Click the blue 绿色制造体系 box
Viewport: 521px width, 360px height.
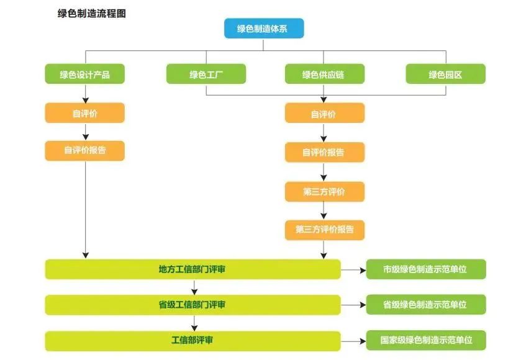coord(264,29)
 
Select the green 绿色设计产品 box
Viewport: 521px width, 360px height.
coord(85,74)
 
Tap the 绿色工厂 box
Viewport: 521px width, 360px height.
coord(206,74)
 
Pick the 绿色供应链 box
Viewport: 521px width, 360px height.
coord(324,74)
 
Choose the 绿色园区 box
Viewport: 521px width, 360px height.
coord(445,74)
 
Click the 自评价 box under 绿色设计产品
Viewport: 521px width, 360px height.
coord(85,114)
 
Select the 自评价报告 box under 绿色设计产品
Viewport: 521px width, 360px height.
coord(85,150)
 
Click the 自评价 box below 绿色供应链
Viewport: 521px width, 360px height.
coord(324,114)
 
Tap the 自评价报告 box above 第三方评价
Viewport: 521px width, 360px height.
coord(324,152)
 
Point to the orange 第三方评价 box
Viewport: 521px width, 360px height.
coord(324,192)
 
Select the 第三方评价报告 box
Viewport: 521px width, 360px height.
coord(324,230)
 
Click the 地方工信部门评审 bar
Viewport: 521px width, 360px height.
coord(193,269)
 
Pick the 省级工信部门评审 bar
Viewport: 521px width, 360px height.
coord(193,305)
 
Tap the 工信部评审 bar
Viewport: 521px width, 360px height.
coord(193,341)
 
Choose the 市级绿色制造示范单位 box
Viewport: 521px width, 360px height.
coord(425,269)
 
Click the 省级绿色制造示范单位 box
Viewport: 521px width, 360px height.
coord(425,305)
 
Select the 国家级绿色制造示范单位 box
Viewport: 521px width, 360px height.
coord(425,341)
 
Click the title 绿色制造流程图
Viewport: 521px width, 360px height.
coord(91,13)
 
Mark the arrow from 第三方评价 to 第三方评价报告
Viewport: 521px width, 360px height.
coord(324,210)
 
